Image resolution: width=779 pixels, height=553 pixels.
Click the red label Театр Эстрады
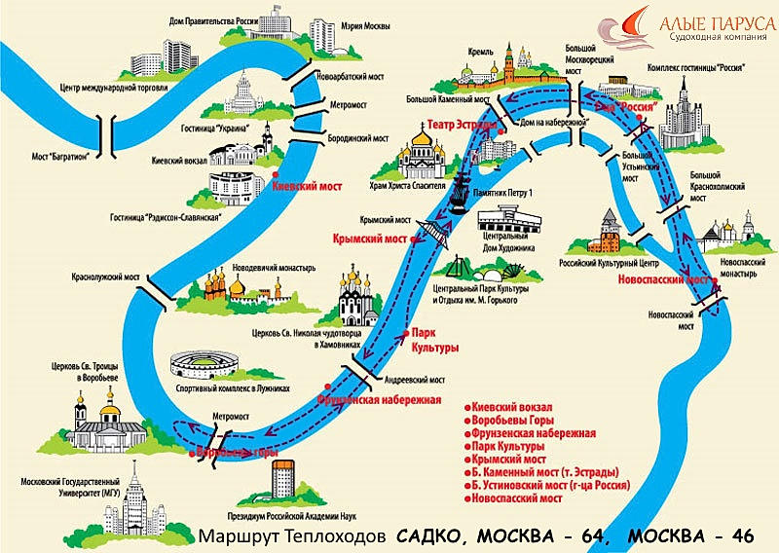(x=463, y=125)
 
